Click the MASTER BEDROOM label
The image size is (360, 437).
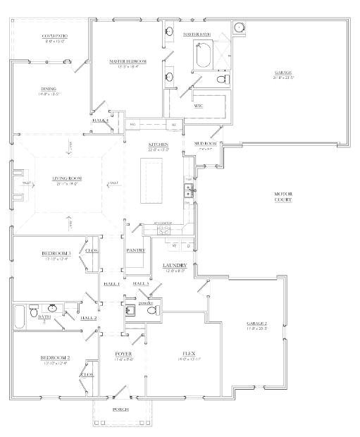(x=127, y=62)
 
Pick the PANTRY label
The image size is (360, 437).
(x=135, y=250)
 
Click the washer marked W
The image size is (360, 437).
(x=174, y=245)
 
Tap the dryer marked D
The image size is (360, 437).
(x=187, y=245)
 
